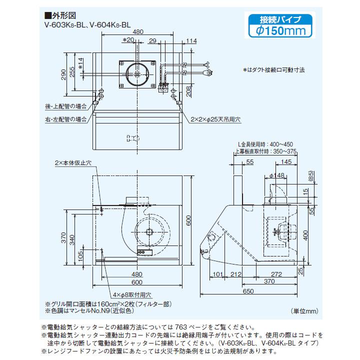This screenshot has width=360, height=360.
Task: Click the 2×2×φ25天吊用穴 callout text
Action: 215,120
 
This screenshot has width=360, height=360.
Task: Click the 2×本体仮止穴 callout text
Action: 73,163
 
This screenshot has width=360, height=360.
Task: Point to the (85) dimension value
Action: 310,176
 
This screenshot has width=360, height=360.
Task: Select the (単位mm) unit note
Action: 303,311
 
